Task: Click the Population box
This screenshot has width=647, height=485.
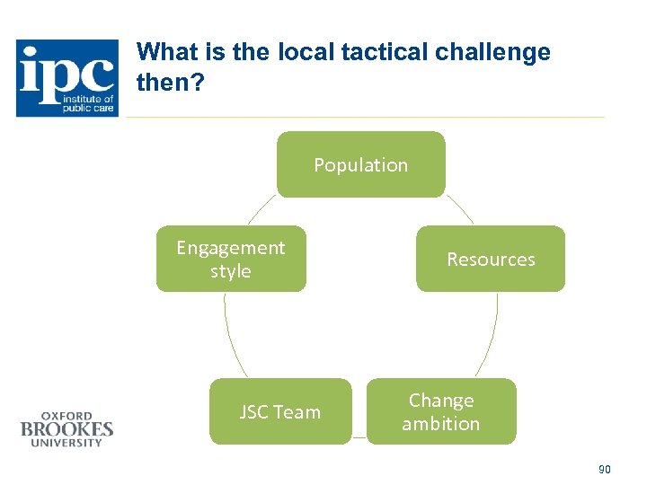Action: [x=360, y=164]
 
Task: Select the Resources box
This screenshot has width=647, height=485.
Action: [x=491, y=259]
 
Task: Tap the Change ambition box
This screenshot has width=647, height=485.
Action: [x=440, y=411]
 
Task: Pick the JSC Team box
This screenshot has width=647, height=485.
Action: [x=279, y=411]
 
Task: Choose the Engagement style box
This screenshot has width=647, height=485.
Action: [x=231, y=259]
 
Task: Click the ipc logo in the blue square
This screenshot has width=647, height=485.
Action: [x=67, y=78]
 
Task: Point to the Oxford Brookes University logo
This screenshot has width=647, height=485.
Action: [x=66, y=428]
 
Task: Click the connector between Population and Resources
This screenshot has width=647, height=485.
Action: [x=459, y=210]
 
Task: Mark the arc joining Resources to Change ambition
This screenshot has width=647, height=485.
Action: [x=489, y=337]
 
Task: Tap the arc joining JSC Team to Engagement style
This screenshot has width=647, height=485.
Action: [x=231, y=337]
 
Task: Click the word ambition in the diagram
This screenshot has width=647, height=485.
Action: [x=440, y=423]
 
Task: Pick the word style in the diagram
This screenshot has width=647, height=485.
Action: [x=231, y=271]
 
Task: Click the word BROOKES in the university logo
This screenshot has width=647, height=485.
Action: [x=66, y=429]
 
